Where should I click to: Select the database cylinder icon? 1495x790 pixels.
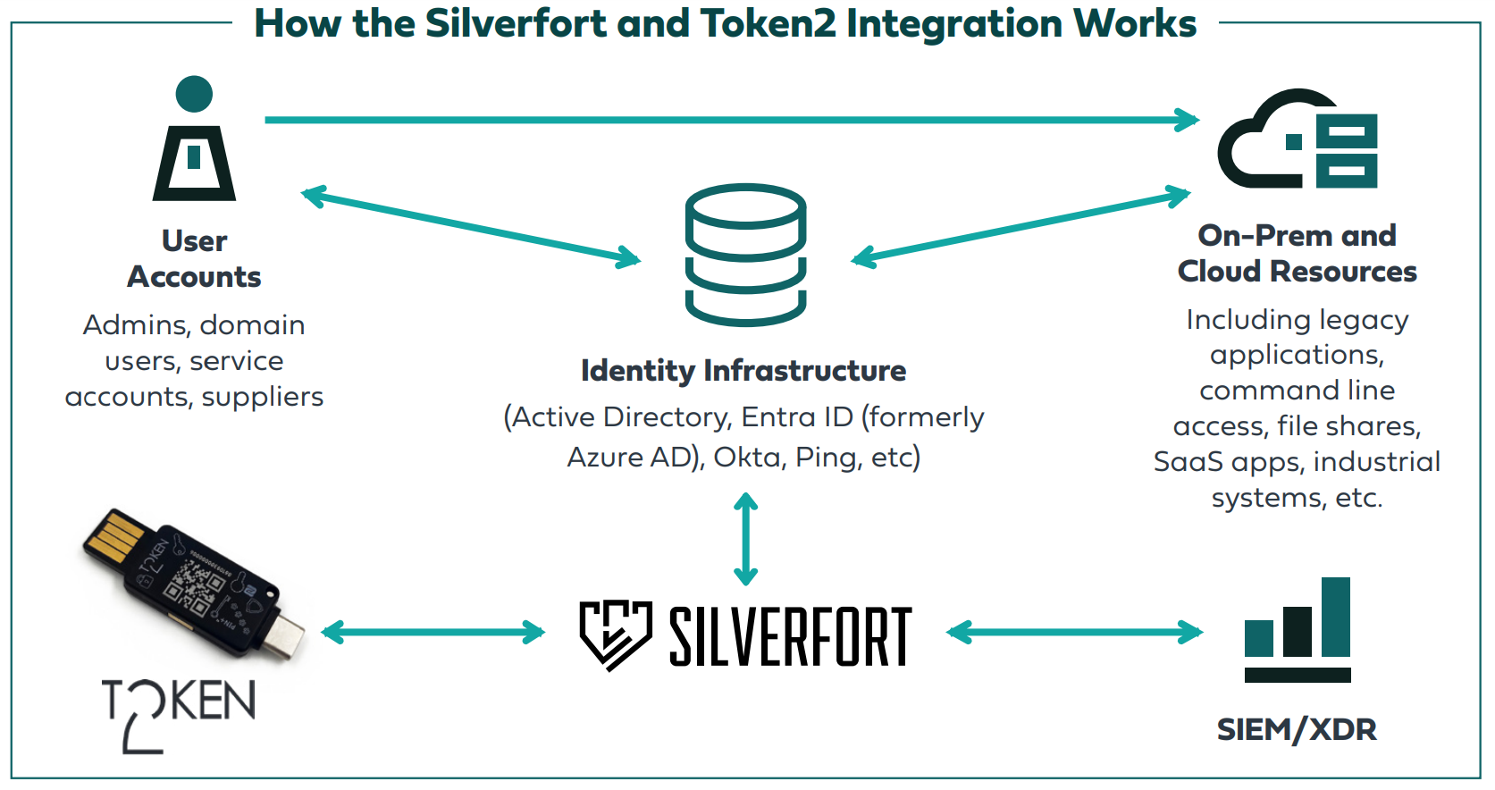pos(745,255)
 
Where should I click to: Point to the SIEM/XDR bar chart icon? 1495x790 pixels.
pos(1298,629)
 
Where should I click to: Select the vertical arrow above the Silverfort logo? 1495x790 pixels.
pos(745,539)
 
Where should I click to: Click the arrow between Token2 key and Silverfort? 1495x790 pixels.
pos(433,633)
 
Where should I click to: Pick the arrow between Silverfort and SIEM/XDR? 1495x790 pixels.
pos(1075,633)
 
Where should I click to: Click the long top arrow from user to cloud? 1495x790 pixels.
pos(731,120)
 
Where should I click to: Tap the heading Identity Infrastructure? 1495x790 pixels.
pos(743,370)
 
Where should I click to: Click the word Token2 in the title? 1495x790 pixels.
pos(768,23)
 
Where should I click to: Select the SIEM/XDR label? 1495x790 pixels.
pos(1297,729)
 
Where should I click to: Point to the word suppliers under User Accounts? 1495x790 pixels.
pos(263,397)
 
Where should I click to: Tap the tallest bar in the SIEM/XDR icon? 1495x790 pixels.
pos(1336,617)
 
